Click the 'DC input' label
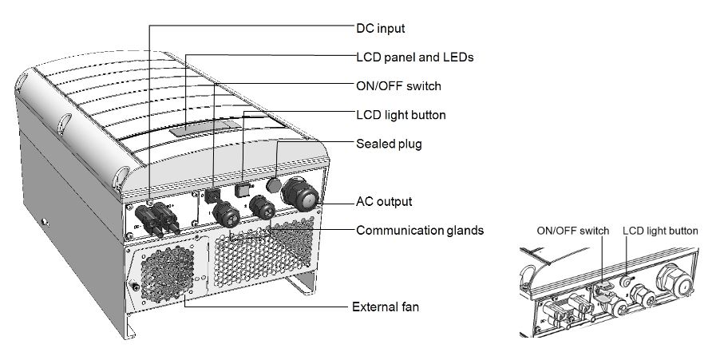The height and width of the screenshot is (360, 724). click(x=379, y=28)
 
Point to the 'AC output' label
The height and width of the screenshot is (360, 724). click(x=384, y=201)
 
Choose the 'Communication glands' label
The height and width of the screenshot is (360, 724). click(x=419, y=231)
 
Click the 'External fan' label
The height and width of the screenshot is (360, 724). click(x=385, y=307)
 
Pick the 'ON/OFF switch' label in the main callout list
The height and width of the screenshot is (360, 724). click(x=398, y=85)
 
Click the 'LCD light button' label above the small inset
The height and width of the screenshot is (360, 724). click(x=659, y=231)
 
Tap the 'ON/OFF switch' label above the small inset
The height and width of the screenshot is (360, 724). click(x=572, y=231)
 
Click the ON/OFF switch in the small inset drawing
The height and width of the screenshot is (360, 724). click(x=603, y=281)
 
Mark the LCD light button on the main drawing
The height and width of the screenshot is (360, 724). click(x=244, y=189)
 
